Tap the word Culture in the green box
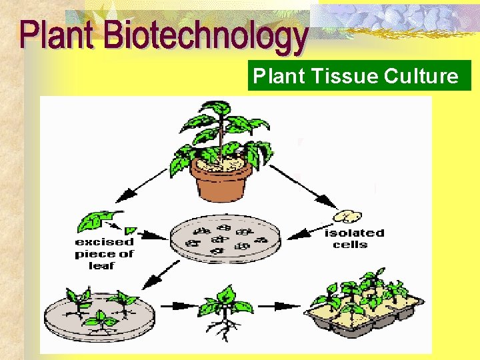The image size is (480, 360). click(421, 77)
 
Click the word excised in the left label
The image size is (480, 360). click(104, 241)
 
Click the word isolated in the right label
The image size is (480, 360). click(354, 233)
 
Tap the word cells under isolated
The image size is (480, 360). click(350, 244)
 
